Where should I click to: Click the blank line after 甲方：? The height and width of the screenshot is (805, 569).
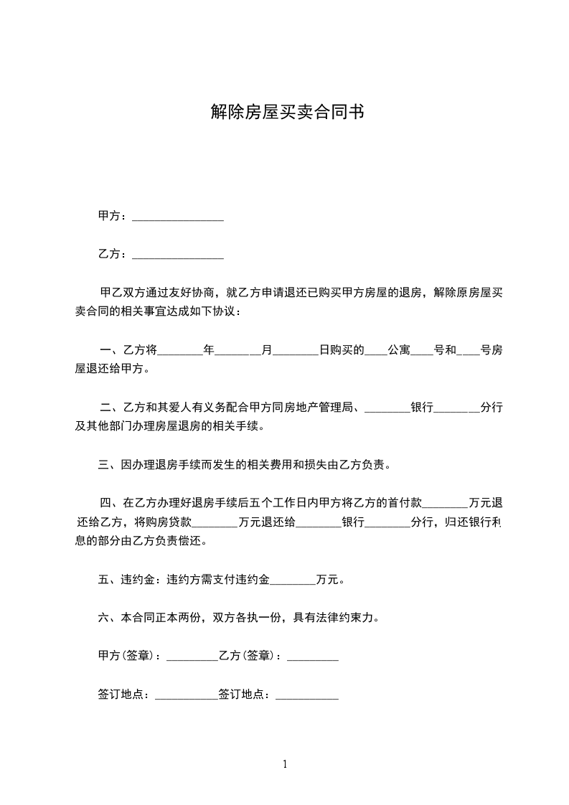(x=178, y=217)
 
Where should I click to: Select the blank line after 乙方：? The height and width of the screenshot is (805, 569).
(x=178, y=255)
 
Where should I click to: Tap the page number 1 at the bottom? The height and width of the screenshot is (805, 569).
(x=285, y=764)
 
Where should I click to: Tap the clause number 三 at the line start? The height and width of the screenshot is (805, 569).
(x=103, y=465)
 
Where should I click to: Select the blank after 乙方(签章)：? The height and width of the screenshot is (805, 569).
(x=312, y=656)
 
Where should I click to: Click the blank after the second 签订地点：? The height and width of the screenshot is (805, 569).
(x=306, y=695)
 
